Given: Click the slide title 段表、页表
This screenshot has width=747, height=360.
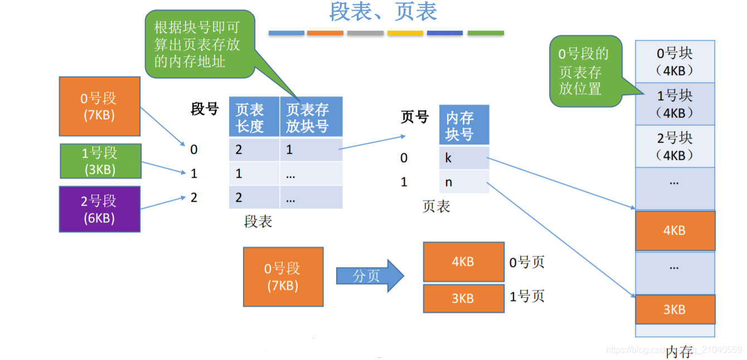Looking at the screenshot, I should pos(383,12).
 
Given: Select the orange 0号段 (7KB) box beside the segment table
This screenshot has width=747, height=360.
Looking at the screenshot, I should pos(99,106).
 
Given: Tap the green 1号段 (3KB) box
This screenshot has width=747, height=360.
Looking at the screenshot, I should pos(100,160).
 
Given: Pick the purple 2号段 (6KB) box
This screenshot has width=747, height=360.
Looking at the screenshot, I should pos(99,208).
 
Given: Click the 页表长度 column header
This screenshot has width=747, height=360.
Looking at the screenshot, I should pos(254,117).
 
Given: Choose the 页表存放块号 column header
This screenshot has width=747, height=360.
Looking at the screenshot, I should pos(311,117).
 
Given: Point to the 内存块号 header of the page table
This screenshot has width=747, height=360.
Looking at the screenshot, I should pos(463,125).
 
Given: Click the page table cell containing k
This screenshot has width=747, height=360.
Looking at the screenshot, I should pos(463,158).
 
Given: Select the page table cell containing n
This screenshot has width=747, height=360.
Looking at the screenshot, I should pos(463,182).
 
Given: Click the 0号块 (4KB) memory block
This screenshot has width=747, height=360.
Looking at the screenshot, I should pos(675,61).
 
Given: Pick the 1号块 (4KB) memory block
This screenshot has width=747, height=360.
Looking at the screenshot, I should pos(675,104).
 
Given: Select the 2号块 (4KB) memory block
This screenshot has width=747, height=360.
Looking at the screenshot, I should pos(675,146).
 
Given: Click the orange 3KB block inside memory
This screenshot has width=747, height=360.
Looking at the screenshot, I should pos(675,309).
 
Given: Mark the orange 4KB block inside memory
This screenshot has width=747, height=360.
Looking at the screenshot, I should pos(675,230).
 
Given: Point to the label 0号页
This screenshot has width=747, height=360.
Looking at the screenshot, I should pos(527,262).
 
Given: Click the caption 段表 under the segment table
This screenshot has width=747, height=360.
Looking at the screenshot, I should pos(258,221).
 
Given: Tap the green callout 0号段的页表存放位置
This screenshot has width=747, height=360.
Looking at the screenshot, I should pos(585,71).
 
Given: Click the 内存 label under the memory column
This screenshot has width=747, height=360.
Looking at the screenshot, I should pos(678,352).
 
